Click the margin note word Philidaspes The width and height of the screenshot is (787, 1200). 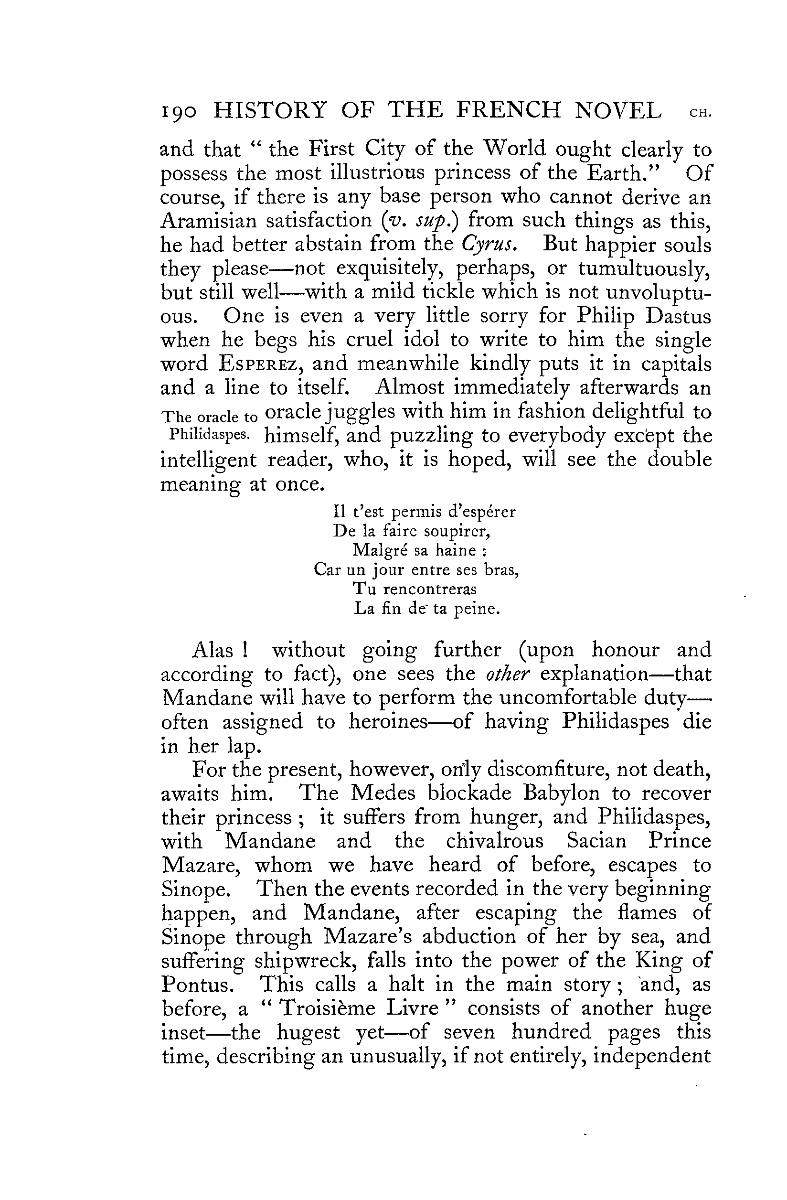click(x=208, y=434)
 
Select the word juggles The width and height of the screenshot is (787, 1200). click(x=362, y=412)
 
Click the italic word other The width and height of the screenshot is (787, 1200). click(x=507, y=674)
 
